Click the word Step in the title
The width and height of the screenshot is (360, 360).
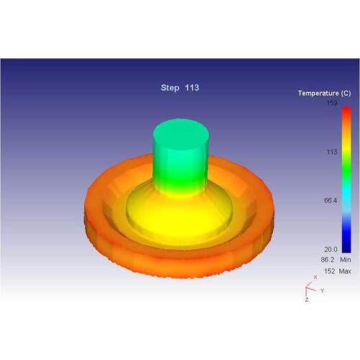(170, 88)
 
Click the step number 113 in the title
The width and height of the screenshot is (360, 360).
(192, 88)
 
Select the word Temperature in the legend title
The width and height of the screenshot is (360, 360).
(318, 93)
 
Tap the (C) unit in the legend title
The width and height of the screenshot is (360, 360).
(346, 93)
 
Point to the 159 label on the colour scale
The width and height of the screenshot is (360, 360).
(332, 103)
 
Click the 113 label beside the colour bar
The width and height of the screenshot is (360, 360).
(332, 152)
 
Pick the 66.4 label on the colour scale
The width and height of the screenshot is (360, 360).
(330, 201)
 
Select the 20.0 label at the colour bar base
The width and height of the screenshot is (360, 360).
(330, 250)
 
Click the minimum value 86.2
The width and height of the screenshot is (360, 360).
(328, 260)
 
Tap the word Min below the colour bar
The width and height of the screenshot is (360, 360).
(346, 260)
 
